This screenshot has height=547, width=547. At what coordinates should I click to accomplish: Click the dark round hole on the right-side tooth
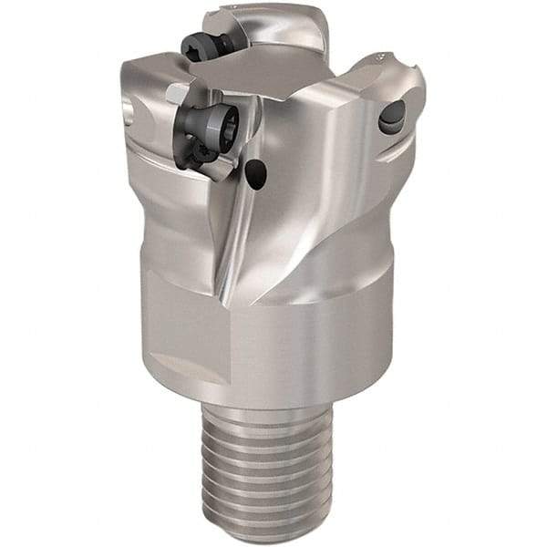point(392,116)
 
